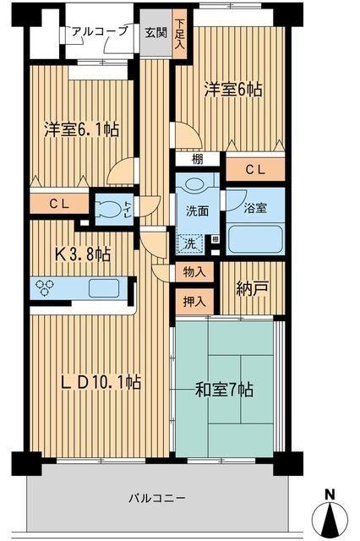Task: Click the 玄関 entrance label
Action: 155,33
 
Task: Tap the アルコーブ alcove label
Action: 100,31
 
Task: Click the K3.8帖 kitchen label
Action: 81,253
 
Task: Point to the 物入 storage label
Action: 194,272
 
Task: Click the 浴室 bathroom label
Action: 254,204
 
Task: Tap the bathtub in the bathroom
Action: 256,237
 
